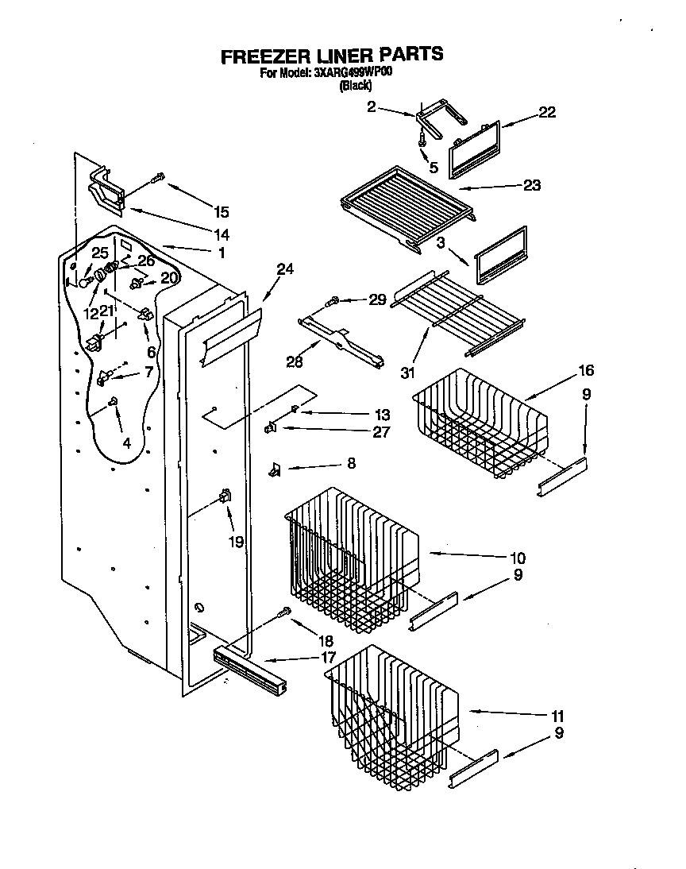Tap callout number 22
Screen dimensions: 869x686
click(x=547, y=112)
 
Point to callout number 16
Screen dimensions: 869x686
click(x=586, y=371)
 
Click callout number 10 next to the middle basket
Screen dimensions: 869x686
click(x=518, y=558)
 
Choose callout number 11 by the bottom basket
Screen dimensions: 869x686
click(x=558, y=715)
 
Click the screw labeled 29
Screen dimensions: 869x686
click(x=334, y=301)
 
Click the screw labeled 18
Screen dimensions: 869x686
click(x=284, y=612)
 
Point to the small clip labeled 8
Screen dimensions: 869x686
click(x=275, y=470)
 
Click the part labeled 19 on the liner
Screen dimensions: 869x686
click(x=225, y=497)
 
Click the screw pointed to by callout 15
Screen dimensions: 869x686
click(x=160, y=177)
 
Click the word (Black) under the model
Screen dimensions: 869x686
click(x=356, y=86)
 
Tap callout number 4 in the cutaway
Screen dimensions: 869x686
click(x=128, y=443)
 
